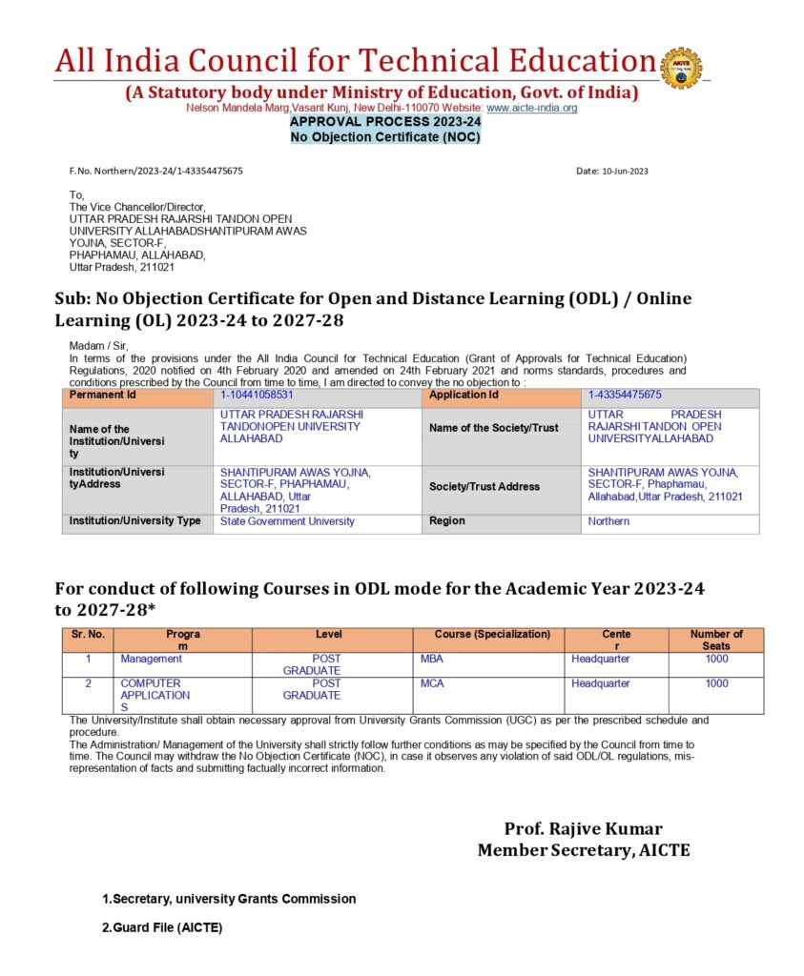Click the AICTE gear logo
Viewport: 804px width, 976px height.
pyautogui.click(x=680, y=68)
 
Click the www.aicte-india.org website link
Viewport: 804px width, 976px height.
pyautogui.click(x=532, y=109)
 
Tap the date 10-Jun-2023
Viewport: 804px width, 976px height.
pyautogui.click(x=612, y=172)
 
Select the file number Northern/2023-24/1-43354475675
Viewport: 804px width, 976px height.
pyautogui.click(x=155, y=172)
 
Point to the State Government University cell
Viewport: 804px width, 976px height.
pyautogui.click(x=287, y=521)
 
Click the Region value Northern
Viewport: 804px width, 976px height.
pyautogui.click(x=608, y=521)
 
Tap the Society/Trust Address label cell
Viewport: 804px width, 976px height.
pyautogui.click(x=484, y=486)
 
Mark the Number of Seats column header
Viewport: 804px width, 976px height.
pyautogui.click(x=715, y=640)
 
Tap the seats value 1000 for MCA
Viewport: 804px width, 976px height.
pyautogui.click(x=716, y=683)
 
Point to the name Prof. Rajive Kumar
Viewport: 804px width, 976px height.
pyautogui.click(x=583, y=829)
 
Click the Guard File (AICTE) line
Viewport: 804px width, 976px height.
pyautogui.click(x=162, y=927)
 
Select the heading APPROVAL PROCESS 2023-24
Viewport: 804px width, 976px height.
pyautogui.click(x=385, y=122)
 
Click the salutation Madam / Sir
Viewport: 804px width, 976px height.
pyautogui.click(x=99, y=345)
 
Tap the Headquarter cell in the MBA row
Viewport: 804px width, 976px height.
pyautogui.click(x=601, y=659)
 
